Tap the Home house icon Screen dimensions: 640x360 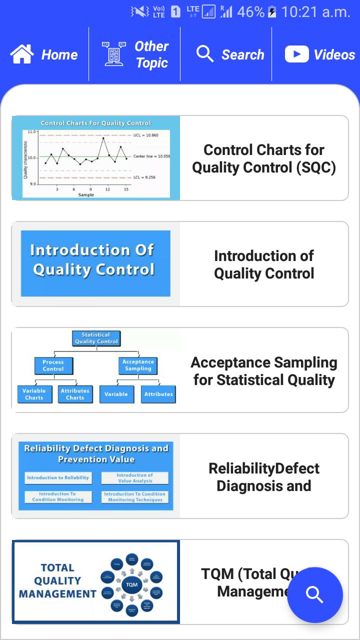click(x=22, y=54)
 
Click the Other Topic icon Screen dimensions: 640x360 click(x=114, y=54)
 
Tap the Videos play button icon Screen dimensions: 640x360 click(x=297, y=54)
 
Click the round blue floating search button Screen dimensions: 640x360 click(x=315, y=594)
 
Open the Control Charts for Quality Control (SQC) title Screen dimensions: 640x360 click(x=264, y=158)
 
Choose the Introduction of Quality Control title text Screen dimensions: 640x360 click(x=264, y=264)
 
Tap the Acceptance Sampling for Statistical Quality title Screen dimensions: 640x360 click(x=264, y=371)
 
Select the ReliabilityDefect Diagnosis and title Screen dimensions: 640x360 click(x=264, y=477)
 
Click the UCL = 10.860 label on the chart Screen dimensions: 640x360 click(x=145, y=135)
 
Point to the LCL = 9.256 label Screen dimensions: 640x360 click(x=145, y=177)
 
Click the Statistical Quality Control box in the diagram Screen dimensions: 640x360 click(x=96, y=338)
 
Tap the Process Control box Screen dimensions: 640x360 click(x=53, y=365)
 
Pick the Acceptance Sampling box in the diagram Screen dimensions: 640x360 click(x=138, y=365)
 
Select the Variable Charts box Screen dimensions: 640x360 click(x=34, y=394)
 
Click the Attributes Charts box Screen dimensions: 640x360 click(x=75, y=394)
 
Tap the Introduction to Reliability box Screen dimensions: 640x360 click(x=58, y=478)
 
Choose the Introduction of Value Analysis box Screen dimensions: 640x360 click(x=135, y=478)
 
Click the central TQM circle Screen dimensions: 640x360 click(x=131, y=584)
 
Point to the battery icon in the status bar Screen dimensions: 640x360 click(x=272, y=12)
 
